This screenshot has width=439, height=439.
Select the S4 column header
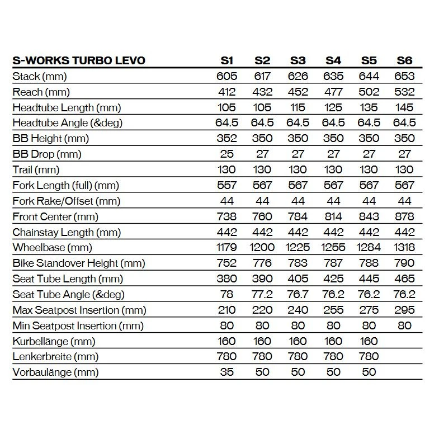pos(333,60)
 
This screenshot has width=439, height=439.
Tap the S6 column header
pos(404,60)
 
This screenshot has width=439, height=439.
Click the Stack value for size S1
pos(226,76)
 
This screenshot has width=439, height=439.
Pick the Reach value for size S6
pos(404,92)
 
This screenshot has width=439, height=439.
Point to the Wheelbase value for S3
pos(298,247)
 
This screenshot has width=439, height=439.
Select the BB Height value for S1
pos(226,138)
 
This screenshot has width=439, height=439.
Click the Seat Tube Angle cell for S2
pos(262,294)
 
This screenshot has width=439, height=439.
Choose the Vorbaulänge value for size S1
pos(226,372)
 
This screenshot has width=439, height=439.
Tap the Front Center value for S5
pos(369,216)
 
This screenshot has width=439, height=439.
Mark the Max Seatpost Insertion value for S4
pos(333,310)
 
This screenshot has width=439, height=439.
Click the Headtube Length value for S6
pos(404,107)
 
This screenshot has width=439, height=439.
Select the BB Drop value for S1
pos(226,154)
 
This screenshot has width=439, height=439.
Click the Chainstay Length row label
pos(67,232)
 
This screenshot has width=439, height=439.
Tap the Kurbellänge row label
pos(54,341)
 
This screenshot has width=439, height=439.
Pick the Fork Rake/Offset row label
pos(67,201)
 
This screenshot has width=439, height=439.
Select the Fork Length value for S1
pos(226,185)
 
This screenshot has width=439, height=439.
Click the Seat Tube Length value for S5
pos(369,278)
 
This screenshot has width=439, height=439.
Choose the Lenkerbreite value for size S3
pos(298,356)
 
